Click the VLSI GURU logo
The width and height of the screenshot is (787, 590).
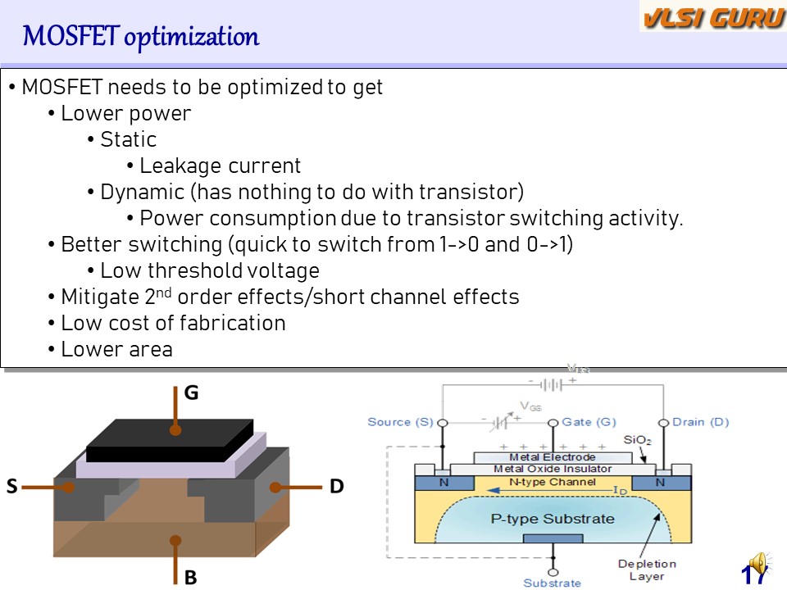point(712,17)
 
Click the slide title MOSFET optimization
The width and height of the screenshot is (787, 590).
point(140,37)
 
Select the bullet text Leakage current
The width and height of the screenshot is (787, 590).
point(220,166)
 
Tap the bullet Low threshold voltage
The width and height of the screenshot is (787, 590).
point(209,270)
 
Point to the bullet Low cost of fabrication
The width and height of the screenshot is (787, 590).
point(173,323)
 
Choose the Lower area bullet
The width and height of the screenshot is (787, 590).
point(116,349)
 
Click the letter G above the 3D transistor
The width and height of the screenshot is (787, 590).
point(191,393)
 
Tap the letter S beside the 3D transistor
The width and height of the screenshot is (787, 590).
point(12,487)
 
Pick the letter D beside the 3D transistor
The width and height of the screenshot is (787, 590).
point(336,487)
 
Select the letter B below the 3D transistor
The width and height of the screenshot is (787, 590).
point(190,578)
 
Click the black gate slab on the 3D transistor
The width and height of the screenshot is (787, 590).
point(170,440)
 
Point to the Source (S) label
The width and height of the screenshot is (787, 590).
point(400,422)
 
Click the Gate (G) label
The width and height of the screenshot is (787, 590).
point(589,422)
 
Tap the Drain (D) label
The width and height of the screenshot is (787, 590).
point(699,422)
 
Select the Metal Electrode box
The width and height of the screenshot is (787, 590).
point(553,457)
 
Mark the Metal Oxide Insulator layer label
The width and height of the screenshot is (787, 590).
point(553,469)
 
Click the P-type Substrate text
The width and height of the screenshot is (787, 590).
point(552,519)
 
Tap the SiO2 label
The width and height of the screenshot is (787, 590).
point(636,440)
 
